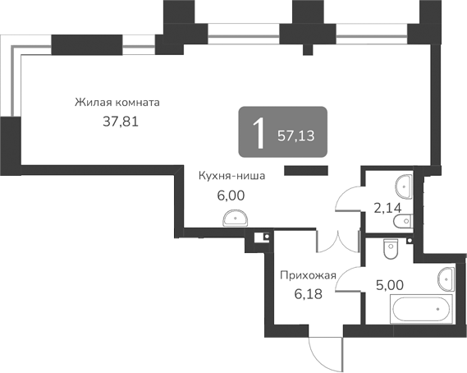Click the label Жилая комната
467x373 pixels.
pos(117,104)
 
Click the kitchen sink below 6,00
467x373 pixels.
pos(236,217)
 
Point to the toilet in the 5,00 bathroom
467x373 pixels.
pos(391,244)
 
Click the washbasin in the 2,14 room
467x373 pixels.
pos(403,182)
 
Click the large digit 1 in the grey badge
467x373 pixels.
pos(259,133)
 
